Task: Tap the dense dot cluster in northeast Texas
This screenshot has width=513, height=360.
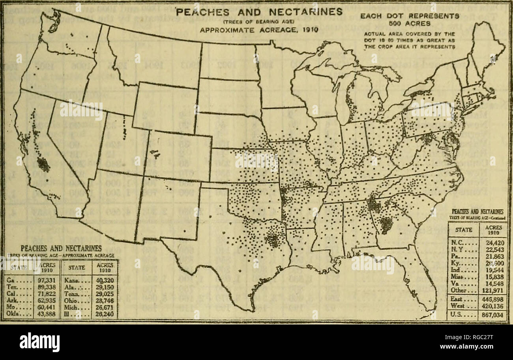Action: pyautogui.click(x=273, y=239)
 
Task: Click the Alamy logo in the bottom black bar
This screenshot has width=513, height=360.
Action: pyautogui.click(x=39, y=341)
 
